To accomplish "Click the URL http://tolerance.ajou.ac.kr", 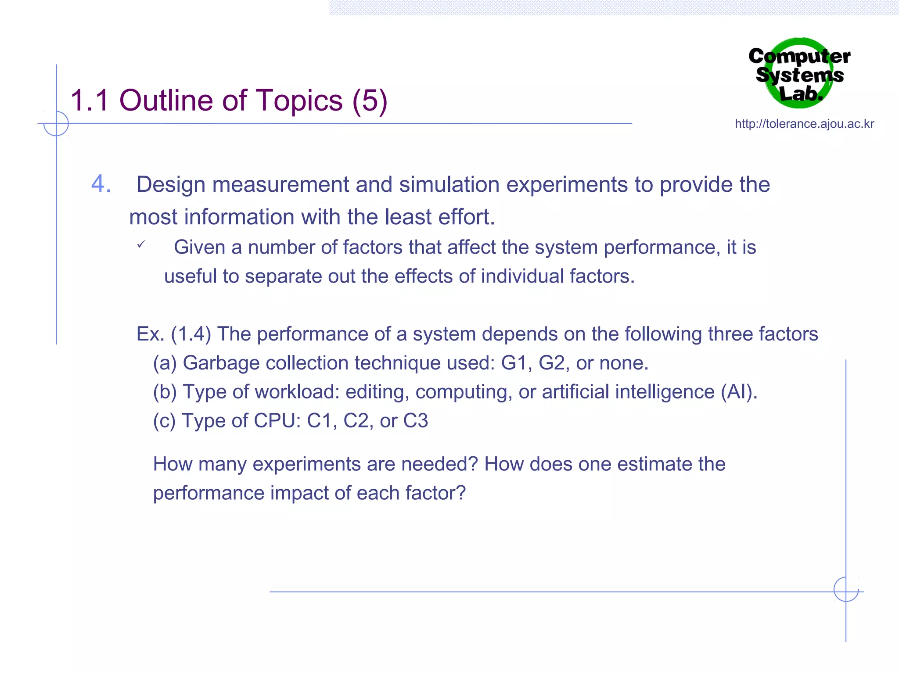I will point(804,124).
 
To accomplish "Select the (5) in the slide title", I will point(370,100).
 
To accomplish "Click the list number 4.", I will point(101,184).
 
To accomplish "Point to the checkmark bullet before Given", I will point(140,245).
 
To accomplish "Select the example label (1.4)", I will point(191,334).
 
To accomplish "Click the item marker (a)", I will point(165,363).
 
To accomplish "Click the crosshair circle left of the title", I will point(56,123).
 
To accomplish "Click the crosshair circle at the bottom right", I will point(846,589).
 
